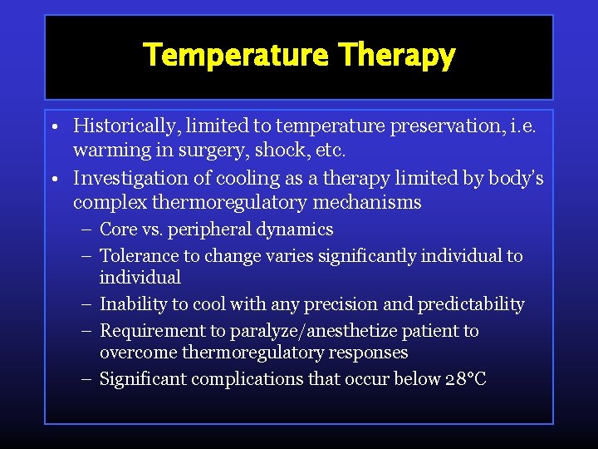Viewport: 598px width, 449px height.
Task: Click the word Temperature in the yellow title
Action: tap(237, 57)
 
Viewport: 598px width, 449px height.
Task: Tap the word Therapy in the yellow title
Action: tap(397, 57)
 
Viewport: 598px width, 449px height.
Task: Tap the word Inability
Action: tap(130, 304)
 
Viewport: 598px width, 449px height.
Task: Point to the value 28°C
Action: tap(466, 379)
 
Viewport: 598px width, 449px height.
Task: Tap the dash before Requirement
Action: tap(87, 331)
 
